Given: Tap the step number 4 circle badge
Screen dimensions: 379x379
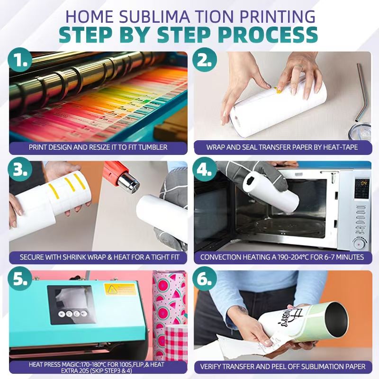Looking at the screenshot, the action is tap(205, 170).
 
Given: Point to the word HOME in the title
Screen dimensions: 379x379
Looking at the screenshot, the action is tap(89, 17).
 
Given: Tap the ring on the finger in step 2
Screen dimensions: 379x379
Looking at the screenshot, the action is tap(299, 68).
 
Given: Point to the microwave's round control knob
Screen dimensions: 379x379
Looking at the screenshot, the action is tap(360, 243).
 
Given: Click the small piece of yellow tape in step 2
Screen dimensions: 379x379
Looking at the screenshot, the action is tap(278, 90).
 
